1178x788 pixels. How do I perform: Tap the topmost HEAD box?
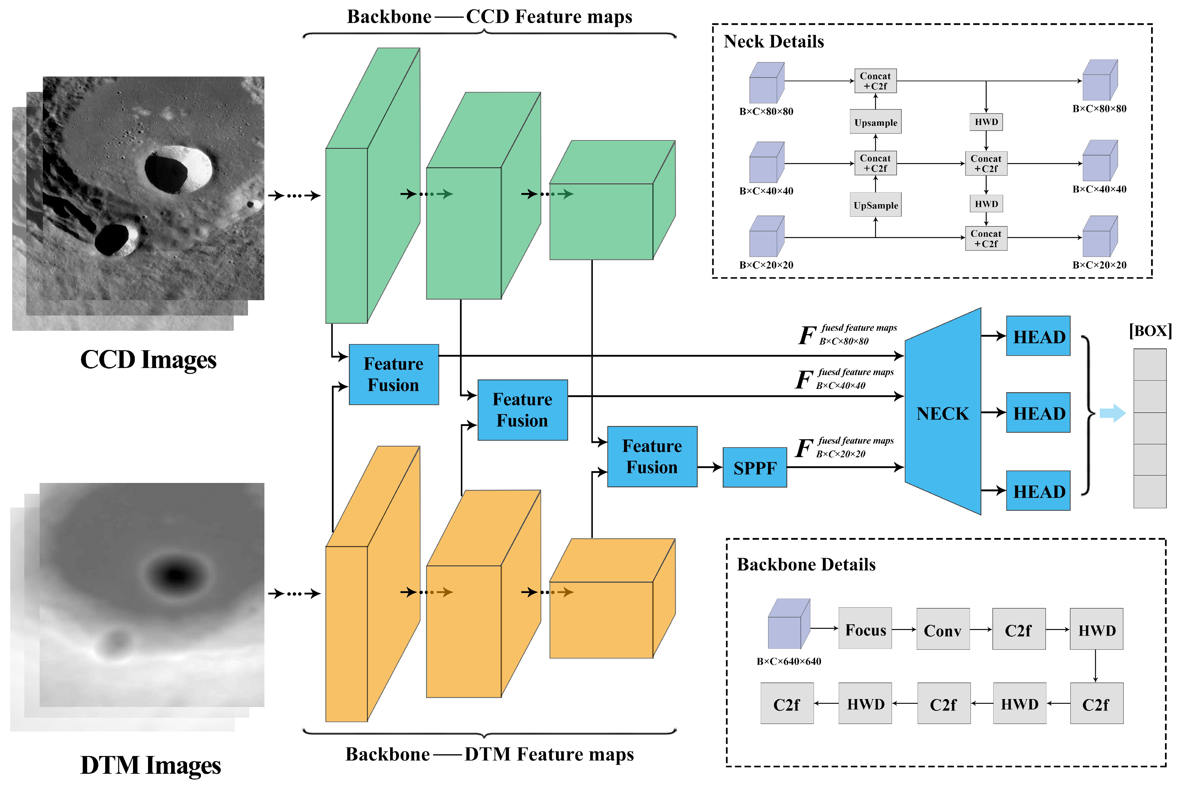(x=1038, y=336)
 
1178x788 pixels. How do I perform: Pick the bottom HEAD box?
(x=1038, y=491)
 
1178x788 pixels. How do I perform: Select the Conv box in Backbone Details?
(x=942, y=629)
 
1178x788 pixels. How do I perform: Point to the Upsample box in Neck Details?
(x=875, y=122)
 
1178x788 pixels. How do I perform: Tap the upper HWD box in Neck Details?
(x=986, y=121)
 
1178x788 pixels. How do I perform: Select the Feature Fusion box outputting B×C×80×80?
(x=393, y=374)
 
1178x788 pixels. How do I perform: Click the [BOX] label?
(x=1149, y=331)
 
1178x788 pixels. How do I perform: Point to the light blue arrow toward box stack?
(x=1112, y=413)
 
